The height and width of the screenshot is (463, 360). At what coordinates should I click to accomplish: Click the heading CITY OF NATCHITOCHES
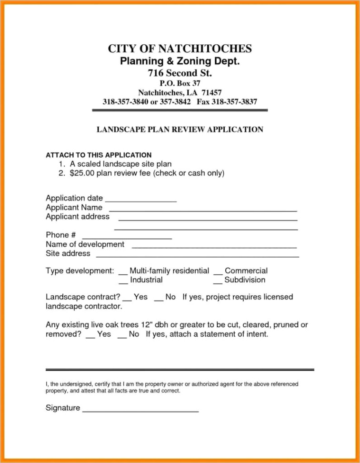180,49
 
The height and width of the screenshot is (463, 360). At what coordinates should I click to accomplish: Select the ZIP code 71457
211,92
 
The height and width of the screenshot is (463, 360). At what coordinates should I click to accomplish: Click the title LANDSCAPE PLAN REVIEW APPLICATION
180,129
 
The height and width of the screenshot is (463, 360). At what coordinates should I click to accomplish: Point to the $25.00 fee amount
82,173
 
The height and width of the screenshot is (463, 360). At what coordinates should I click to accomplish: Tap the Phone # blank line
127,237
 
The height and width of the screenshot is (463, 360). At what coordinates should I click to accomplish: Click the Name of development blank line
214,247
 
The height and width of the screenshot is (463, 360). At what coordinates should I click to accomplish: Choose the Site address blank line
198,256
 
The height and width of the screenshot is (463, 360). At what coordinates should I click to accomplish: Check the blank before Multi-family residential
123,273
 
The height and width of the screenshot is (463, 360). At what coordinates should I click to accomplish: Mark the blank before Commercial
218,273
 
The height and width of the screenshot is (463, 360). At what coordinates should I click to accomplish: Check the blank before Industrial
123,282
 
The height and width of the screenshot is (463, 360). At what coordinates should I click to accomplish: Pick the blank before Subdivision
218,282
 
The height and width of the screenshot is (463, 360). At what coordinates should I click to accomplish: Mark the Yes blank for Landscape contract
127,300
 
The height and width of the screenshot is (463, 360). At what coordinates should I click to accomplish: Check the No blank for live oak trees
121,337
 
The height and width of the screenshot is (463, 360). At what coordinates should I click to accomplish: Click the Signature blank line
140,410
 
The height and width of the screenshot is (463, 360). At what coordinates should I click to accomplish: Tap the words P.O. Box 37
180,83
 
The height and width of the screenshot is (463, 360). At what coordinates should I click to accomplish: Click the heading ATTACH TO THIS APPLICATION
99,155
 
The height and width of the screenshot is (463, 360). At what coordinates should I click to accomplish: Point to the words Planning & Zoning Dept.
180,61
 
